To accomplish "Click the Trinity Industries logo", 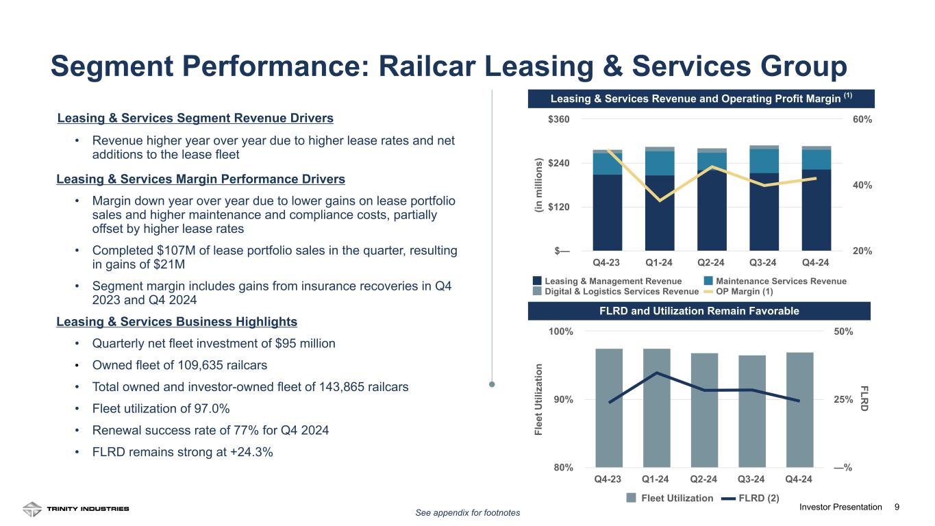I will point(76,509).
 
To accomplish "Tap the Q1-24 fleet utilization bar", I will point(656,408).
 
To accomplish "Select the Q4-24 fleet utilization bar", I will point(799,410).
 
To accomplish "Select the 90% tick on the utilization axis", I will point(563,400).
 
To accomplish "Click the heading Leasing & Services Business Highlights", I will point(177,321).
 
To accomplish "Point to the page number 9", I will point(897,507).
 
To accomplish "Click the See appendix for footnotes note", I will point(468,513).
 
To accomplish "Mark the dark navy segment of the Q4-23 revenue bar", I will point(607,212).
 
